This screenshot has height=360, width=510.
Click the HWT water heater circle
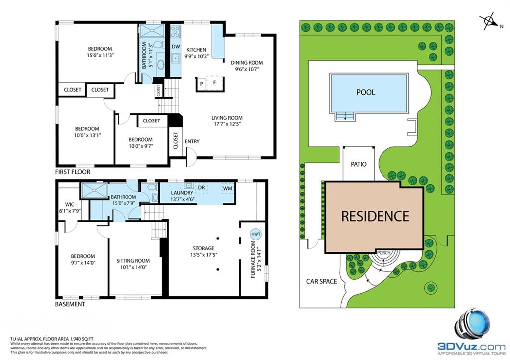(255, 234)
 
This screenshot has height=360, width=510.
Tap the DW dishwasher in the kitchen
(176, 47)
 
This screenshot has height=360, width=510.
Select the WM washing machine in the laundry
(227, 188)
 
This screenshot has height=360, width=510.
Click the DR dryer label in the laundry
(202, 188)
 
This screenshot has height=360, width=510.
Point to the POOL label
(366, 92)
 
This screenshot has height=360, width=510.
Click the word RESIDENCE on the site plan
(375, 216)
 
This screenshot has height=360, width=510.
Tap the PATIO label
(359, 163)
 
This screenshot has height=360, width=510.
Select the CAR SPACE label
(321, 281)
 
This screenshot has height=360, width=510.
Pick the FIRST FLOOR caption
(73, 172)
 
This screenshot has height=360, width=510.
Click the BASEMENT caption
(70, 304)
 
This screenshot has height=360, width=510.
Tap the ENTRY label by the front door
(192, 142)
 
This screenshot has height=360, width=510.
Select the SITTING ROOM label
(133, 261)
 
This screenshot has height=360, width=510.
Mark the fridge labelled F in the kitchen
(215, 83)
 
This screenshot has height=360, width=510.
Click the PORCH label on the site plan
(383, 253)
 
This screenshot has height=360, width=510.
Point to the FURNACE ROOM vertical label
(253, 259)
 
